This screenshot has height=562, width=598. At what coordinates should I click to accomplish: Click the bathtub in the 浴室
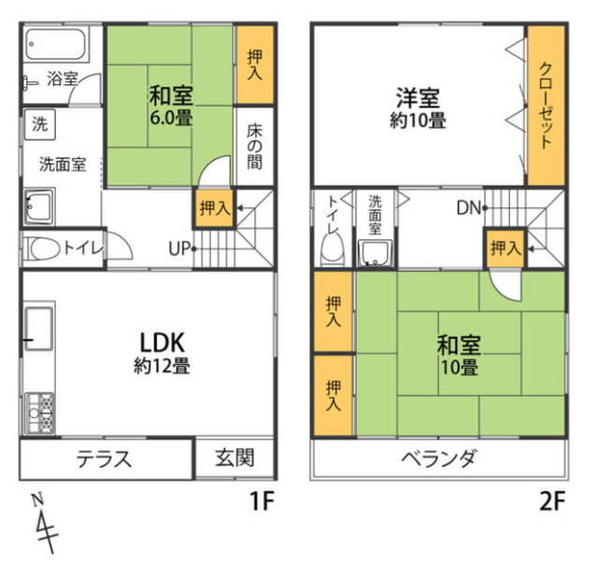click(x=55, y=44)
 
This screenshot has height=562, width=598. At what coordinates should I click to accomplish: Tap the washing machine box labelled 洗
click(x=40, y=124)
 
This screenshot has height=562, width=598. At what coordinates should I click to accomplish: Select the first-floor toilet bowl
click(x=45, y=249)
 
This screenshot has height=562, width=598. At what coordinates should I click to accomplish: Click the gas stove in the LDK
click(x=39, y=414)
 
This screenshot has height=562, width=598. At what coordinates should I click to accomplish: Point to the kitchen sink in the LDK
click(x=39, y=329)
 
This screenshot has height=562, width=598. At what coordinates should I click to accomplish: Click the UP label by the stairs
click(x=179, y=249)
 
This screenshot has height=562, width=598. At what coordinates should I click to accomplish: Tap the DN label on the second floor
click(x=468, y=208)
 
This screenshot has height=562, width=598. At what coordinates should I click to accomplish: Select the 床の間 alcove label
click(x=254, y=147)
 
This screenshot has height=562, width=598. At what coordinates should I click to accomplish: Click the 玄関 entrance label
click(x=235, y=458)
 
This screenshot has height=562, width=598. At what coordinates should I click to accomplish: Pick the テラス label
click(x=104, y=458)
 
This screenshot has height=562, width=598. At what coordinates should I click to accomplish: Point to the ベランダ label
click(x=439, y=457)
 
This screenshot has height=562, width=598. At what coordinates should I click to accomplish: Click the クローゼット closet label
click(x=546, y=105)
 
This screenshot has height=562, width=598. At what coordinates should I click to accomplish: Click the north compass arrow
click(x=44, y=524)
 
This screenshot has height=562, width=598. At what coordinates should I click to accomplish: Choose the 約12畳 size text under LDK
click(x=162, y=366)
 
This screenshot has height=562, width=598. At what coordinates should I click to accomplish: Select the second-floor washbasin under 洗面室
click(x=375, y=254)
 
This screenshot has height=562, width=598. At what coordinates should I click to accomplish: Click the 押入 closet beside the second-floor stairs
click(x=505, y=248)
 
